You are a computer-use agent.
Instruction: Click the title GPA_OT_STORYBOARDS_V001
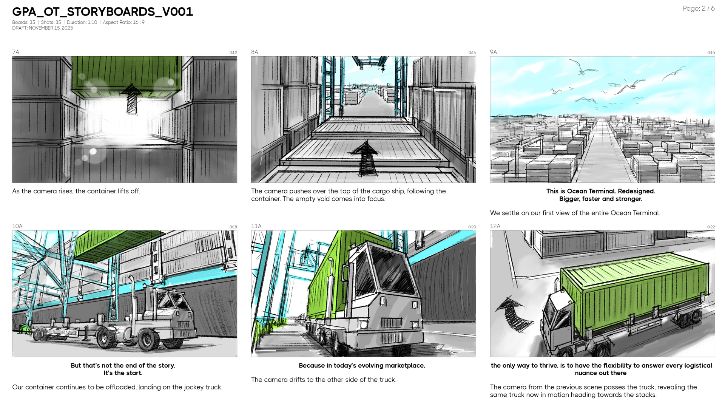point(102,12)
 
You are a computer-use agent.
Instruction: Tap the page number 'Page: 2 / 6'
point(699,8)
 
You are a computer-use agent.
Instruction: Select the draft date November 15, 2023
point(42,28)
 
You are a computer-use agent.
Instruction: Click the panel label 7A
point(15,52)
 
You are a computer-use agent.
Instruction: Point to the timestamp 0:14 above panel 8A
point(472,53)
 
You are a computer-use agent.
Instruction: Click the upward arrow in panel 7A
point(132,98)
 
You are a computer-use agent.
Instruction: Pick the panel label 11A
point(256,226)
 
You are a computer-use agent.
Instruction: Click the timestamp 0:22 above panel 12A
point(711,227)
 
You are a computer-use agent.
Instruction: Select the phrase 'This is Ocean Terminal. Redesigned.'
point(600,191)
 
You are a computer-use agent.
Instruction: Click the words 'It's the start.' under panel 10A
point(123,373)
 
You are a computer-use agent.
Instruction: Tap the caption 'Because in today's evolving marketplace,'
point(362,366)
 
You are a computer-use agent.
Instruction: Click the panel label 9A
point(493,52)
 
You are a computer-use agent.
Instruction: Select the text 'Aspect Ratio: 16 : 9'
point(123,22)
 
